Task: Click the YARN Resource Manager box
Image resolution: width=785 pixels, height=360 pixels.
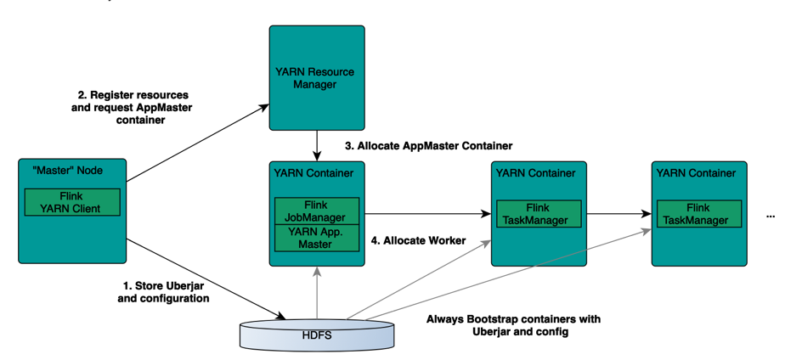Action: pos(316,77)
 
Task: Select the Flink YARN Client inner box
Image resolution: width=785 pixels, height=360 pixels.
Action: pos(72,202)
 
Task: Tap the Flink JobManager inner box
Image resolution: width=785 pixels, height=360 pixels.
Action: pos(316,211)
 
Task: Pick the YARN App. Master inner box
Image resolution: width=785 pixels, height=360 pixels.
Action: pos(316,238)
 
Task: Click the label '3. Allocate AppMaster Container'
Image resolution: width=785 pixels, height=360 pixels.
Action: pos(428,146)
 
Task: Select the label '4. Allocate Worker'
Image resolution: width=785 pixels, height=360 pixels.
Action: pos(418,241)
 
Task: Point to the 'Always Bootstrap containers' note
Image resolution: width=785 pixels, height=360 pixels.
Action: pos(512,325)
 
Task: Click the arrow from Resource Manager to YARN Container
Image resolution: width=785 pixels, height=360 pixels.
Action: pos(316,145)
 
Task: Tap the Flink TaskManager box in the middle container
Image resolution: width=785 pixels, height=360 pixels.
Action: pos(538,214)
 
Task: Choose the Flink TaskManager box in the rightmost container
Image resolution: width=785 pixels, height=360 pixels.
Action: pos(697,214)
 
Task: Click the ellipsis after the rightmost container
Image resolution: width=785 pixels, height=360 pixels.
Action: pos(770,213)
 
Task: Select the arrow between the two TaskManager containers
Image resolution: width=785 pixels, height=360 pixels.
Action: pos(618,214)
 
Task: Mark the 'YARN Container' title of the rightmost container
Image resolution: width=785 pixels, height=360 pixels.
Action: pos(696,173)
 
